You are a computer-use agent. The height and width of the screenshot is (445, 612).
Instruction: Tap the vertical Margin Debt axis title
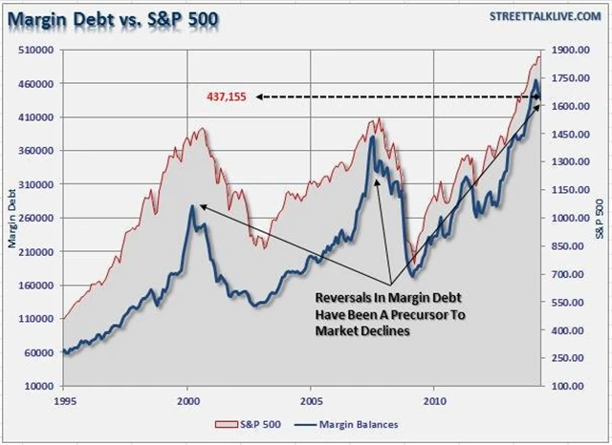tap(11, 219)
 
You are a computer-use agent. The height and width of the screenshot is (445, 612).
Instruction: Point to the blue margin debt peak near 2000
tap(191, 205)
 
